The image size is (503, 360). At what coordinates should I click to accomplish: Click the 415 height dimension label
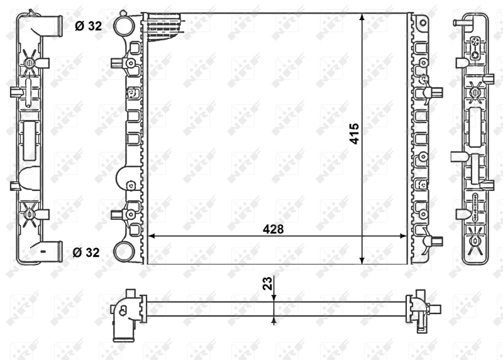point(354,134)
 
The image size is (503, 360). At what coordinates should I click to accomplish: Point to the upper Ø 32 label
point(87,26)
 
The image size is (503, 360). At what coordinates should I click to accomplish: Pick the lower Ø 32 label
point(87,253)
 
